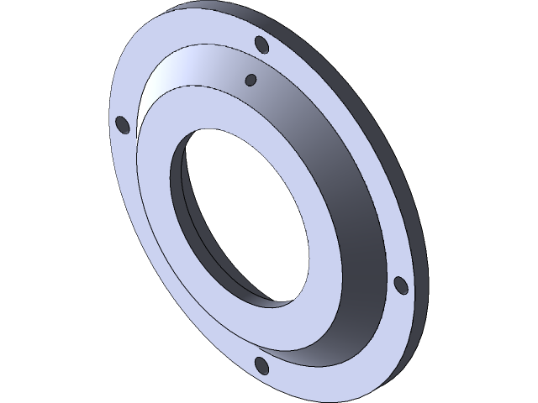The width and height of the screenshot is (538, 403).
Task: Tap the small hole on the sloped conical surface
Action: [x=250, y=80]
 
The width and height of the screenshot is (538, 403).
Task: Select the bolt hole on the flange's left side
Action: [x=122, y=124]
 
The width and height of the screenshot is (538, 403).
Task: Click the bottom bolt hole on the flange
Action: [x=261, y=365]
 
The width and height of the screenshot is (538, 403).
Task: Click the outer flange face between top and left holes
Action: [x=168, y=59]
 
